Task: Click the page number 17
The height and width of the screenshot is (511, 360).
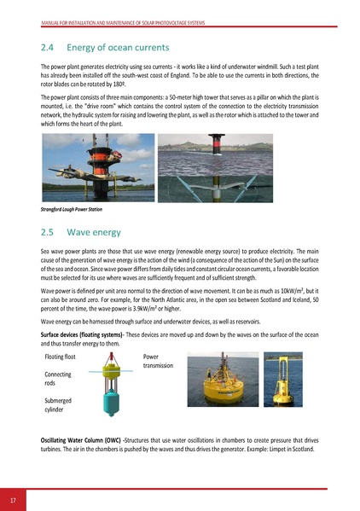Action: (15, 498)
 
